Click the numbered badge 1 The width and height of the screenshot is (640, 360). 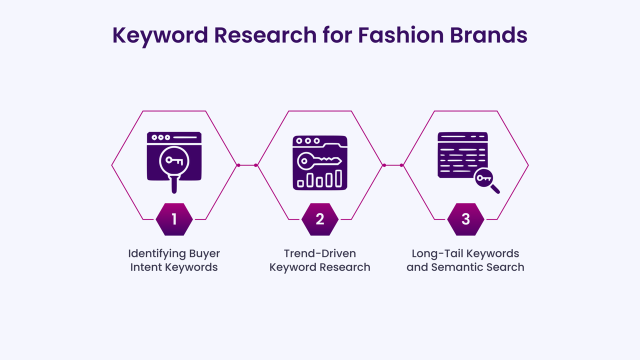[x=174, y=219]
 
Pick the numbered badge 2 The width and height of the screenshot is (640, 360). [x=320, y=219]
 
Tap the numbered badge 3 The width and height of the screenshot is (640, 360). [x=465, y=219]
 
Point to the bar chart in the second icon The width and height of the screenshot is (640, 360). [x=320, y=178]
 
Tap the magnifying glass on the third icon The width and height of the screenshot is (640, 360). [x=486, y=180]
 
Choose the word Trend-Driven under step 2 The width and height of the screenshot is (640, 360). [x=320, y=253]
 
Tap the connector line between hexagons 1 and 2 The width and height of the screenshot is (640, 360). [x=247, y=165]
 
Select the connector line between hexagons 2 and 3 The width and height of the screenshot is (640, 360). [x=392, y=165]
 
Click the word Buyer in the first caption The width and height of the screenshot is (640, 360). [x=204, y=253]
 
